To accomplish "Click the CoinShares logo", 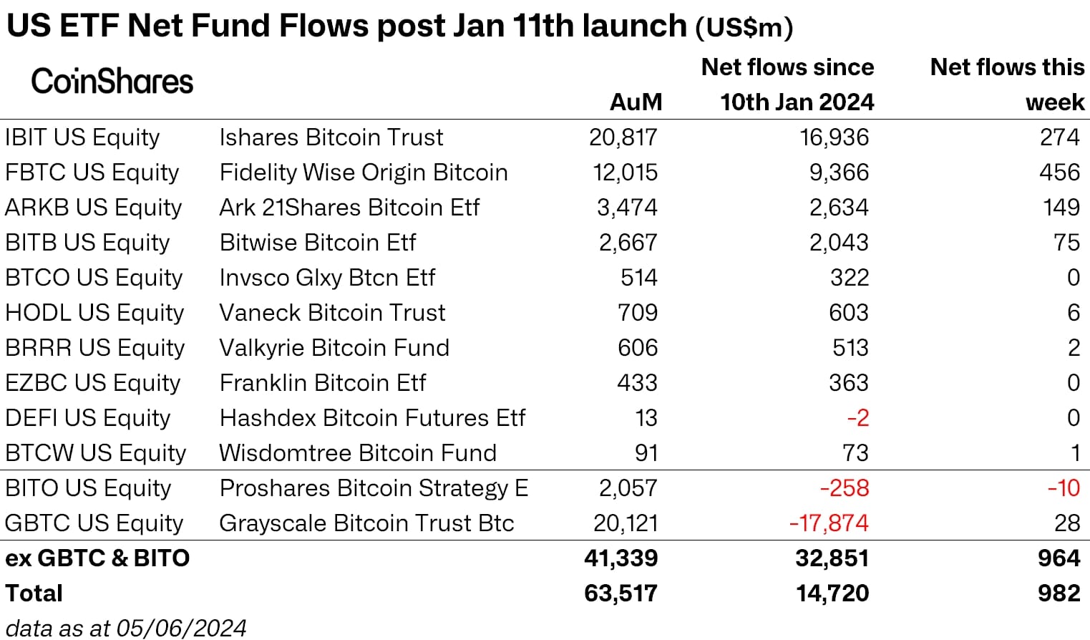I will click(112, 82).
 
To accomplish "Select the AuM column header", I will click(636, 102).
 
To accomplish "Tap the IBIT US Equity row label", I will click(82, 137).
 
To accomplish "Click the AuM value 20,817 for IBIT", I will click(623, 137).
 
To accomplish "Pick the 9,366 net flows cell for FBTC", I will click(834, 173).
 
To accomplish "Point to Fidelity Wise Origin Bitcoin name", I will click(364, 173).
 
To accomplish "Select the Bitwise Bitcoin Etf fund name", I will click(317, 243).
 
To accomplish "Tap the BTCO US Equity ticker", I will click(94, 278).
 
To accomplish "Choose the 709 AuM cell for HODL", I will click(637, 313).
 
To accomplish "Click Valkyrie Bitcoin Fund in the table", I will click(334, 348).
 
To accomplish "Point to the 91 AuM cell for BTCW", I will click(646, 453).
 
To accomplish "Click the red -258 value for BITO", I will click(844, 488).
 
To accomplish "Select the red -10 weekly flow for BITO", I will click(1064, 488).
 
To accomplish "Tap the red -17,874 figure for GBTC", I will click(829, 523).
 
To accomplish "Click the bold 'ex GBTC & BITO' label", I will click(97, 558).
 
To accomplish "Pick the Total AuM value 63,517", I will click(621, 593).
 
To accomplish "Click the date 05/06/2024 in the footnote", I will click(181, 628).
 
